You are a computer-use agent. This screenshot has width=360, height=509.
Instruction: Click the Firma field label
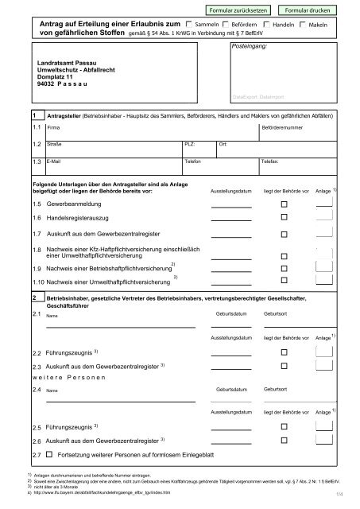click(53, 127)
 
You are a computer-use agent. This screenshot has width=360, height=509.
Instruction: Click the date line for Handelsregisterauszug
click(230, 220)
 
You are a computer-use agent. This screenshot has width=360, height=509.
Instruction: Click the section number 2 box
click(33, 297)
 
